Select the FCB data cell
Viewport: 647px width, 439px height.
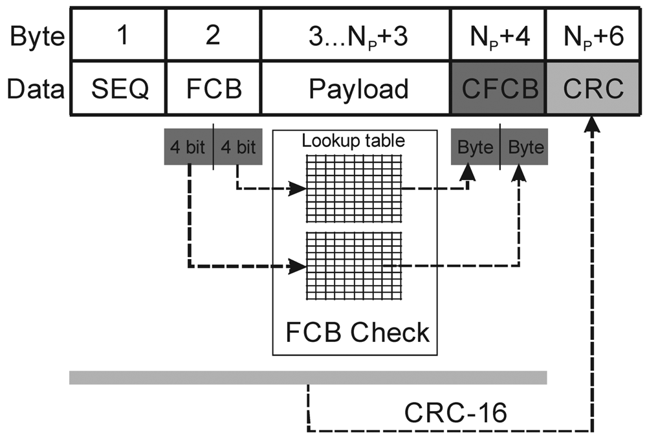pyautogui.click(x=214, y=88)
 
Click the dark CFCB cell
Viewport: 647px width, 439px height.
pyautogui.click(x=499, y=88)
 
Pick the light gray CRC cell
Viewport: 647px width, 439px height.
pyautogui.click(x=593, y=88)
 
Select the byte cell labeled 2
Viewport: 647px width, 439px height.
pyautogui.click(x=214, y=35)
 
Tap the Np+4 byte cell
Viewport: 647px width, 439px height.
pyautogui.click(x=499, y=35)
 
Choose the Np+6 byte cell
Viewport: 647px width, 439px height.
pyautogui.click(x=593, y=35)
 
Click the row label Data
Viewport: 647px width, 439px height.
pyautogui.click(x=36, y=89)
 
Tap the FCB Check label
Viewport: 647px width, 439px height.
pyautogui.click(x=356, y=332)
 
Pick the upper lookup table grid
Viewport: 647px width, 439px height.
pyautogui.click(x=353, y=188)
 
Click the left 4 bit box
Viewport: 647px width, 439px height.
pyautogui.click(x=188, y=147)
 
